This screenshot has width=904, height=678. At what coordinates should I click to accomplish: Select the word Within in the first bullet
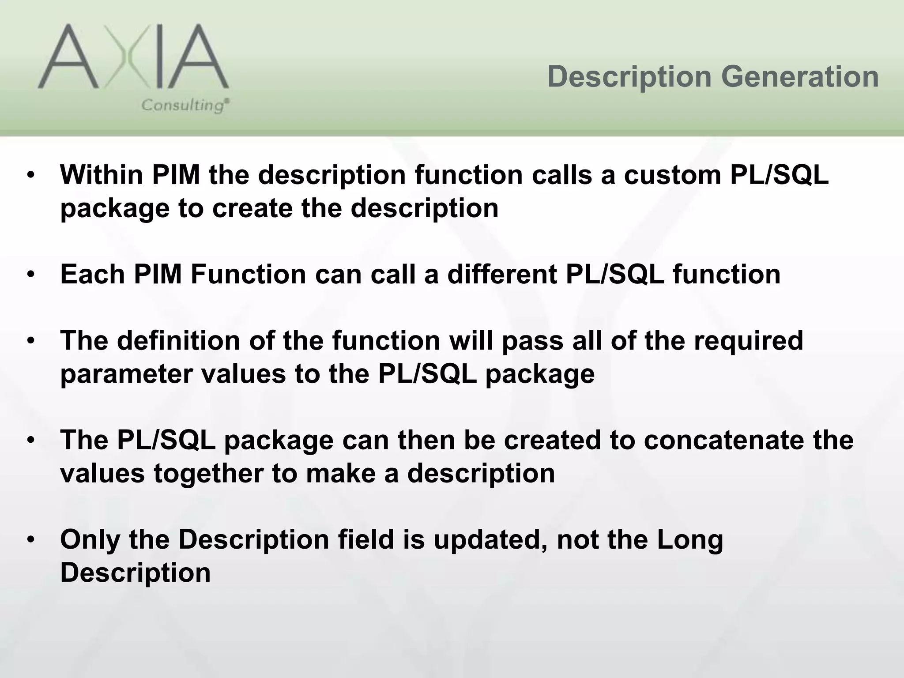click(102, 175)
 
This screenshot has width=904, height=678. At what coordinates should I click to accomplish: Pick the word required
click(748, 341)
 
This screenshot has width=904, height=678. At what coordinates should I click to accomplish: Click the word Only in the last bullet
click(90, 539)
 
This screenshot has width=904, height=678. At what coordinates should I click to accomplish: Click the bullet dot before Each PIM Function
click(30, 275)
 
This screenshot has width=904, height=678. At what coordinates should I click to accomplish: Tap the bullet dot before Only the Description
click(30, 540)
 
